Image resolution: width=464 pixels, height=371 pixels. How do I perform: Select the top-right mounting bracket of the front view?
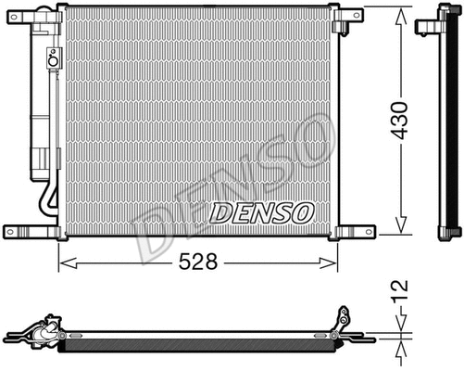(x=353, y=16)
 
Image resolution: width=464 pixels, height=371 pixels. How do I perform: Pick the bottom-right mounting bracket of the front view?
(x=353, y=231)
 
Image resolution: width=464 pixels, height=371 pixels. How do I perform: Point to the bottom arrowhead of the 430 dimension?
(x=399, y=231)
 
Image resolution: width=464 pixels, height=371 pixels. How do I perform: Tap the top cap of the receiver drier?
(x=43, y=28)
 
